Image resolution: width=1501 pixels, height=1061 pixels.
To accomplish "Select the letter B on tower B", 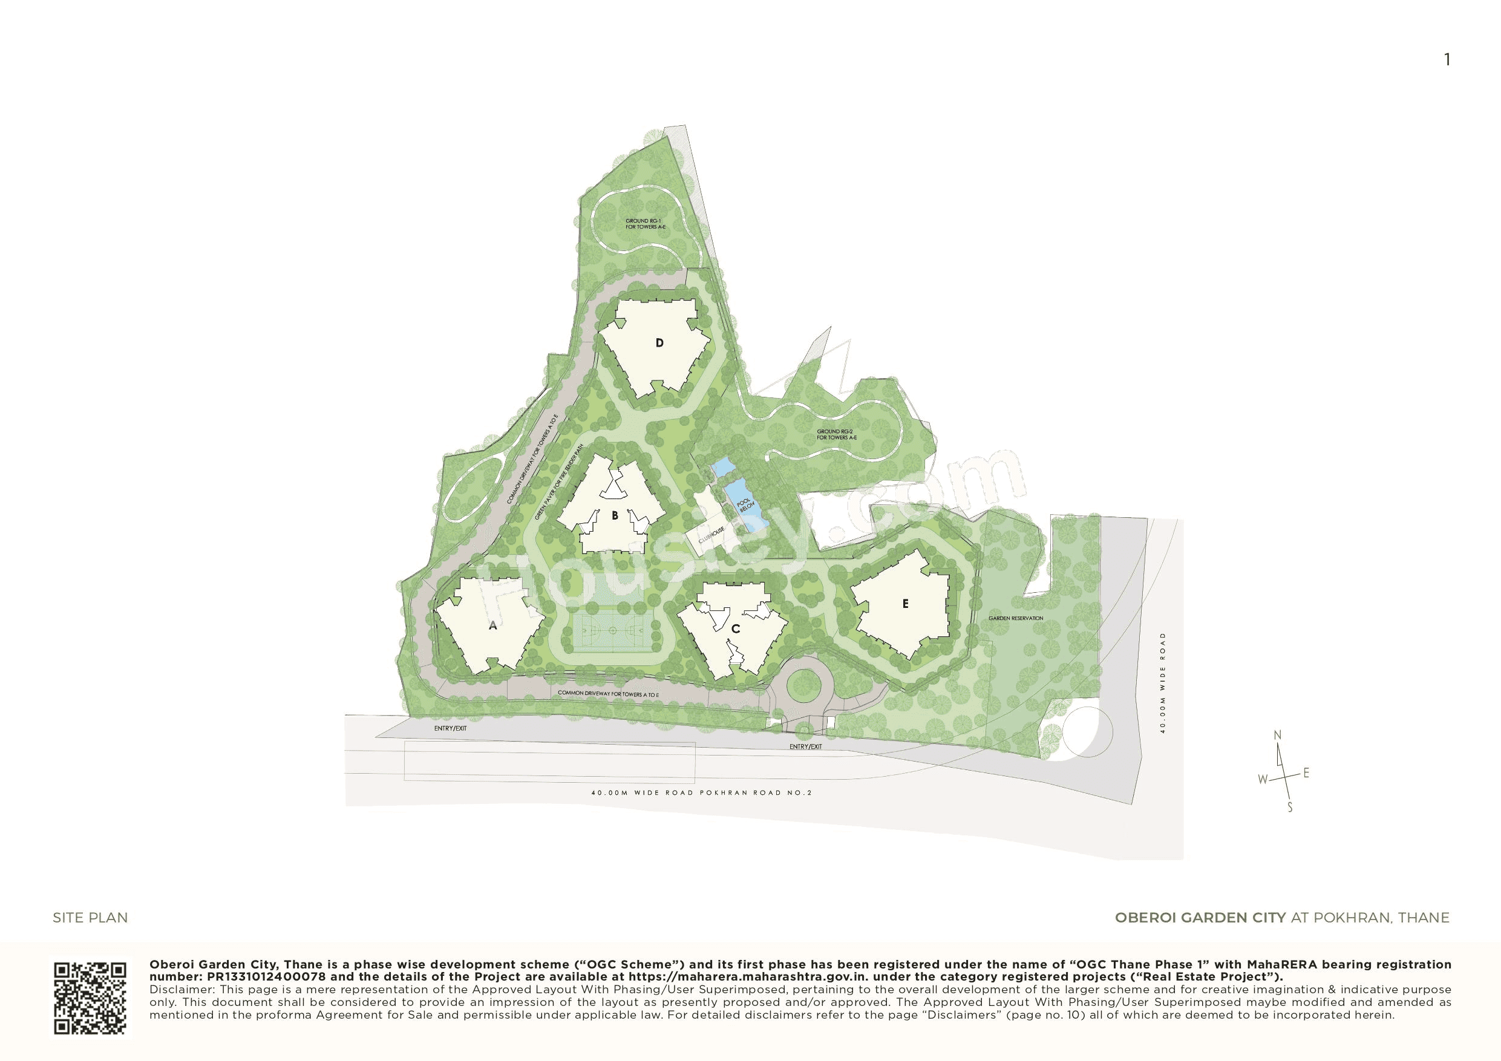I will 615,516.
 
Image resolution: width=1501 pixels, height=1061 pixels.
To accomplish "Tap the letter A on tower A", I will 493,625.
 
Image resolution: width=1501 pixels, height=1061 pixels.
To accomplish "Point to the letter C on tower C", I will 736,629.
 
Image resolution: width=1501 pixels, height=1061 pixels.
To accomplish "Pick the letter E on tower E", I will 906,604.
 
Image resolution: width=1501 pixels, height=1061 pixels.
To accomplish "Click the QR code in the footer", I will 90,997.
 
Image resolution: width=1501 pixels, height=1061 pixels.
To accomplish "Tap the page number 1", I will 1447,60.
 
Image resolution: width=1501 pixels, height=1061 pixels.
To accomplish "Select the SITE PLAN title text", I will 90,918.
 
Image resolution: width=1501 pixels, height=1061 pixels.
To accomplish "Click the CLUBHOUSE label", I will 712,535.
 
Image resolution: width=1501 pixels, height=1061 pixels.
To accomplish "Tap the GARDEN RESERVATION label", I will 1015,618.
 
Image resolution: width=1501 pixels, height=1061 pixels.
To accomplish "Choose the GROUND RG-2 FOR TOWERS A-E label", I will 837,434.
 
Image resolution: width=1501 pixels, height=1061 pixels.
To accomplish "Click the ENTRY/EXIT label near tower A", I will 451,728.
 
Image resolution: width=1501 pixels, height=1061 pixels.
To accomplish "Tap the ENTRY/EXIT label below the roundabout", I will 805,746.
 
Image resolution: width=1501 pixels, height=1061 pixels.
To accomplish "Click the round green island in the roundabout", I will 805,685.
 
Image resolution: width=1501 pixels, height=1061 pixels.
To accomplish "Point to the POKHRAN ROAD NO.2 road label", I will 756,792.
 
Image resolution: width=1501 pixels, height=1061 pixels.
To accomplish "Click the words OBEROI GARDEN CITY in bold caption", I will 1200,918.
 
